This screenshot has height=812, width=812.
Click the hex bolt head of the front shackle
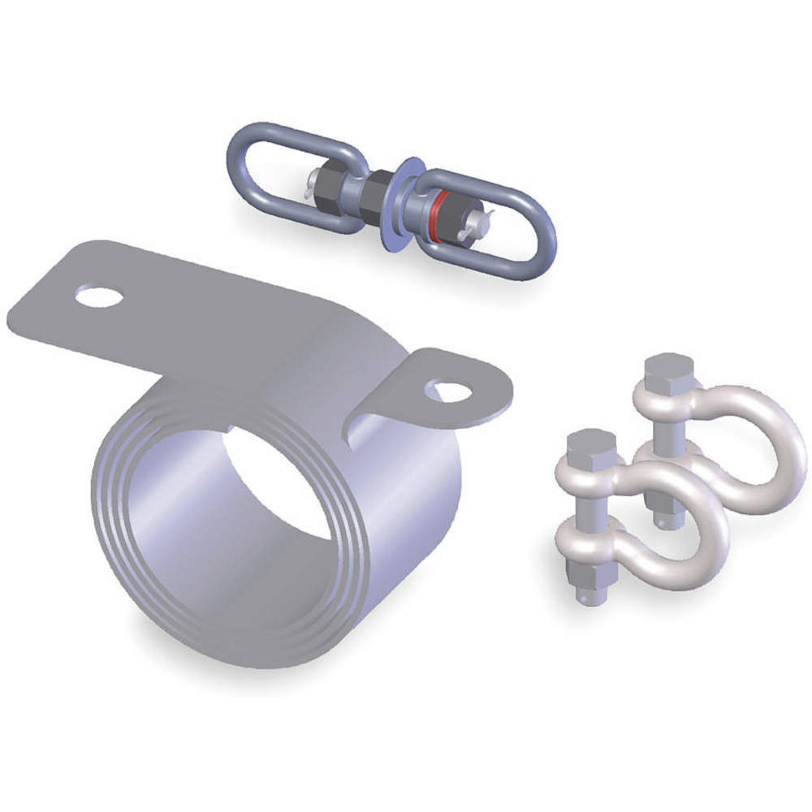coord(591,449)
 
